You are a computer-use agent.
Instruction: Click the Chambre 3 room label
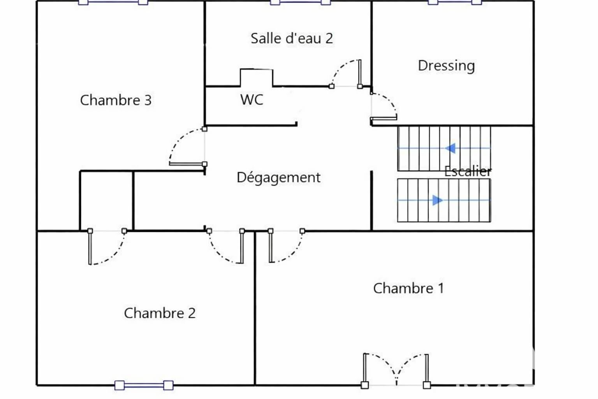click(x=116, y=100)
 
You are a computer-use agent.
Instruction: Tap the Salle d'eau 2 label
click(x=292, y=38)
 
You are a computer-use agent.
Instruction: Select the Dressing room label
click(x=447, y=66)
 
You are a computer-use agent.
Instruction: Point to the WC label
click(x=252, y=99)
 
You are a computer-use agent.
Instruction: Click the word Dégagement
click(x=278, y=177)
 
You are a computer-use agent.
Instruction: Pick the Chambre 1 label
click(x=408, y=288)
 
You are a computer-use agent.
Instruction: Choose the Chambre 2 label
click(x=160, y=313)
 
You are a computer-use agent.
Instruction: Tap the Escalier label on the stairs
click(x=468, y=171)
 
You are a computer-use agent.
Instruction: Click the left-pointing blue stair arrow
click(x=450, y=148)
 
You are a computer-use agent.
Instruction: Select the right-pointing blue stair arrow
click(x=437, y=200)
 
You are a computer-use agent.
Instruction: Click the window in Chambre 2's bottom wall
click(x=144, y=385)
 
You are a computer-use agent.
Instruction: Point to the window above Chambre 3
click(x=113, y=2)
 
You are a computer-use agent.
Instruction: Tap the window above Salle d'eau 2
click(x=300, y=2)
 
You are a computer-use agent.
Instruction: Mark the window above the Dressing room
click(x=455, y=2)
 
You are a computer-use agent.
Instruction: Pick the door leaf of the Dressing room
click(x=383, y=118)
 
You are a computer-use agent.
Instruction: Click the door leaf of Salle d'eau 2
click(x=360, y=73)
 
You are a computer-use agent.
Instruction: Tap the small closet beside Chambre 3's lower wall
click(x=107, y=200)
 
